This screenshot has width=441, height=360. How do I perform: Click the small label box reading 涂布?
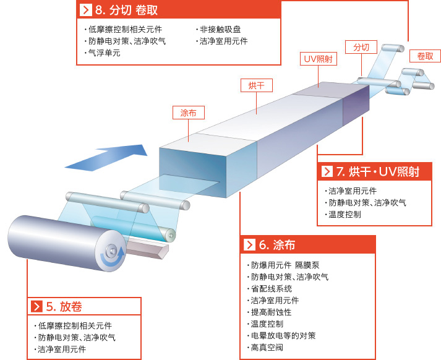(x=189, y=113)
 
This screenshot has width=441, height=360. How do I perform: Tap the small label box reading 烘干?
(x=257, y=85)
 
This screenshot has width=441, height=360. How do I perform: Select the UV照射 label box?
(x=319, y=59)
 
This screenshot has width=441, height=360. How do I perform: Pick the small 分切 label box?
(x=361, y=47)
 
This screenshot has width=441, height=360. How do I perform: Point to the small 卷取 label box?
(x=425, y=56)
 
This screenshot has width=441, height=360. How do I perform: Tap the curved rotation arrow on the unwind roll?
(x=113, y=258)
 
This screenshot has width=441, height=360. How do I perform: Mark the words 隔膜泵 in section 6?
(x=307, y=265)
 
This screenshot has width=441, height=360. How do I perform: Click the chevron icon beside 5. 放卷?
(x=36, y=306)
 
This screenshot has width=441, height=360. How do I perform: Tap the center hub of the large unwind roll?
(x=112, y=250)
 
